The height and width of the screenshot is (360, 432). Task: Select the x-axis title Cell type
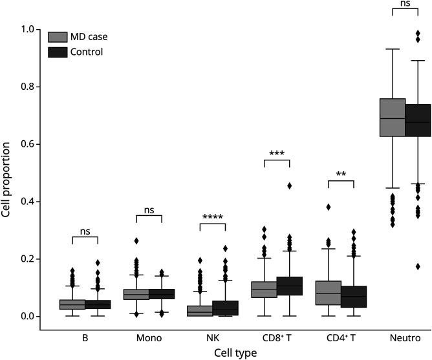click(237, 353)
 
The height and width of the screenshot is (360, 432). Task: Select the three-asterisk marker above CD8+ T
click(277, 153)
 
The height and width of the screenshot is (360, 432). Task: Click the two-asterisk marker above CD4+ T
click(341, 175)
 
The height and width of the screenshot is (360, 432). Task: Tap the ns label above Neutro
click(405, 4)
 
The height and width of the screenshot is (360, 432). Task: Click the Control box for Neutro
click(418, 120)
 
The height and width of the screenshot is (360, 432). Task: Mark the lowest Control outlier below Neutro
click(418, 266)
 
